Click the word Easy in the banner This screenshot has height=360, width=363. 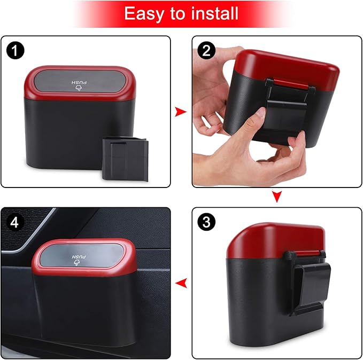point(141,13)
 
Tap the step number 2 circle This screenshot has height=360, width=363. point(206,51)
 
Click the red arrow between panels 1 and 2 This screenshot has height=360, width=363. point(181,112)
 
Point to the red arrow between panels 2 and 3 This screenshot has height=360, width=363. point(276,197)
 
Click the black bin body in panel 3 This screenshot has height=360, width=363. point(257,304)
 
